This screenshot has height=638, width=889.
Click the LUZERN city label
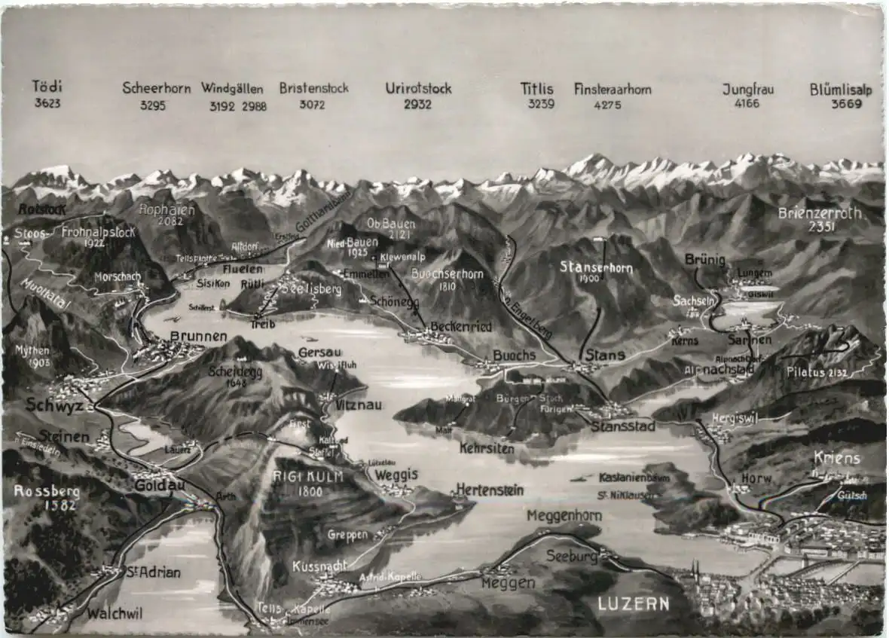coord(634,603)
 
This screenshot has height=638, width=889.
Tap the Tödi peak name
coord(47,86)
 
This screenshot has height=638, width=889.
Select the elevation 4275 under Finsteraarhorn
coord(607,105)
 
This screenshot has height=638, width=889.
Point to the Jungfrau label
coord(747,89)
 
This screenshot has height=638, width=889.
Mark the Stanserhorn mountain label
coord(595,267)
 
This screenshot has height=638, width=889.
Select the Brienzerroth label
coord(820,213)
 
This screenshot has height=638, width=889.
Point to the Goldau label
coord(158,487)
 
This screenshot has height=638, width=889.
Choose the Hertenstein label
coord(489,490)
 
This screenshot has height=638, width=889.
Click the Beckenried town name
coord(461,327)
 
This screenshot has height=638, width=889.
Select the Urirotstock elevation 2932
coord(417,104)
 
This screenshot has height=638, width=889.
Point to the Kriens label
coord(836,458)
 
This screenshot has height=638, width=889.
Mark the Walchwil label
coord(114,613)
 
